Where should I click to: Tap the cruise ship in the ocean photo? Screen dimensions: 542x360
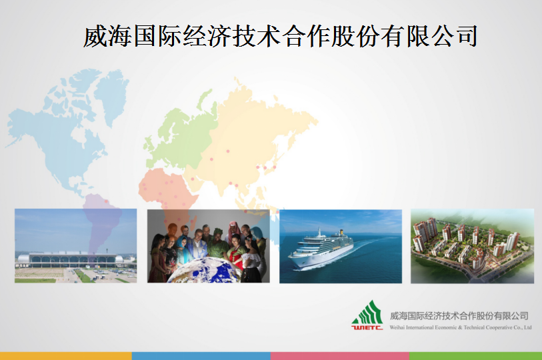(321, 249)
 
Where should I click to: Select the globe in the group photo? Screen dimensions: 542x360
(203, 271)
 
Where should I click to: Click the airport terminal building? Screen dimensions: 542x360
(70, 259)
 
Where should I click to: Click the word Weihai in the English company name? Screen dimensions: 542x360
(397, 327)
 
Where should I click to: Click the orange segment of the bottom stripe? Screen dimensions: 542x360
(66, 356)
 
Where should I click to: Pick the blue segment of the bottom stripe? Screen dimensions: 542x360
(201, 356)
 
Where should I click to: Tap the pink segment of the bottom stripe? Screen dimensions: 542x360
(340, 356)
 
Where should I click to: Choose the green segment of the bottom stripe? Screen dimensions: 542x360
(475, 356)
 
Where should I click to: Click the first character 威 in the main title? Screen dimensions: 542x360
(95, 36)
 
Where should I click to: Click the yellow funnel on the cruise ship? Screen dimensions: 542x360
(341, 232)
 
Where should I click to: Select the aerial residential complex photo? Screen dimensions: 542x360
(472, 246)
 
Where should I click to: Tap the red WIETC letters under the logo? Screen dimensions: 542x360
(367, 327)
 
